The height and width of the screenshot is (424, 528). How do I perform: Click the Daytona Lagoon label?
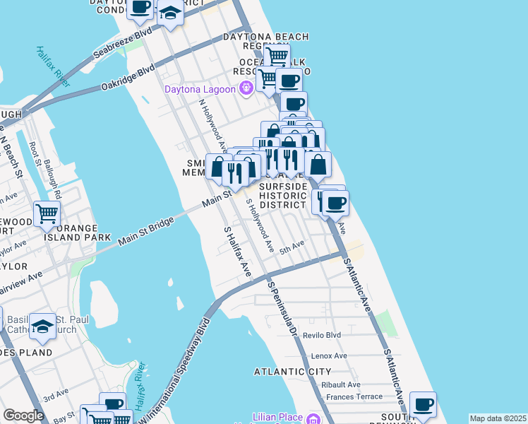(x=200, y=89)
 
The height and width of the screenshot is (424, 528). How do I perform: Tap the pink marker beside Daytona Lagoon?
(x=246, y=88)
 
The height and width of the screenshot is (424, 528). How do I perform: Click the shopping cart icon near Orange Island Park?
(x=47, y=213)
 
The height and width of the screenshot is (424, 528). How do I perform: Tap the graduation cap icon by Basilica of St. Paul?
(x=42, y=326)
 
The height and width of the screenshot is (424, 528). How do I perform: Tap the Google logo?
(x=23, y=416)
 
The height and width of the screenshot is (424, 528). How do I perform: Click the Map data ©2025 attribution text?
(x=498, y=418)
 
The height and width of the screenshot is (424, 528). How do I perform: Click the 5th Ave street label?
(x=292, y=247)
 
